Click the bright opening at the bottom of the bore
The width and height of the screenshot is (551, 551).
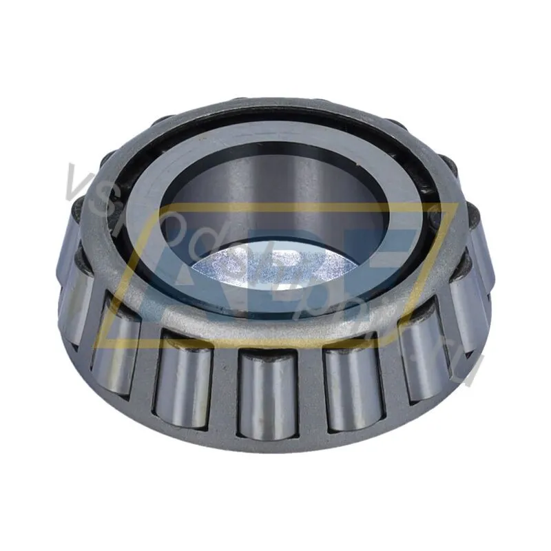point(275,265)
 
